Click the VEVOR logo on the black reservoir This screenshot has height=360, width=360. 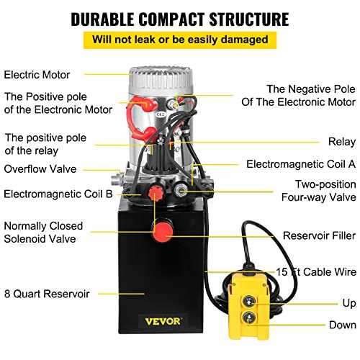(163, 321)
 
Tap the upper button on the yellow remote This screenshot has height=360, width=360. (249, 301)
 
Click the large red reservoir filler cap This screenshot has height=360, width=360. (163, 231)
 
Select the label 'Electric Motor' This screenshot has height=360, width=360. (37, 75)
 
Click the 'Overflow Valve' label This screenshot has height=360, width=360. (40, 169)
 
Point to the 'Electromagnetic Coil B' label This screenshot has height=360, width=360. (58, 194)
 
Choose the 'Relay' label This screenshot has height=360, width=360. (342, 142)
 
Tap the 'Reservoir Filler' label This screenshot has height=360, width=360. (319, 235)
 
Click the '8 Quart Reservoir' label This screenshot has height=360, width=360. (47, 294)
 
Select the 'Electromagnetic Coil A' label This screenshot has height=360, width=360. (301, 164)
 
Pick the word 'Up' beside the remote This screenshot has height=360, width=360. (349, 303)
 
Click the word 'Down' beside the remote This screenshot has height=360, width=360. (343, 325)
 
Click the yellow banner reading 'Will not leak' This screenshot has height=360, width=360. (180, 40)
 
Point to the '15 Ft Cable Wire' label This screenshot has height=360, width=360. (316, 272)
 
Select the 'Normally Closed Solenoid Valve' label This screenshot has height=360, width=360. (43, 233)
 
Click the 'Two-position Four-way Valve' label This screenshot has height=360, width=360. (319, 191)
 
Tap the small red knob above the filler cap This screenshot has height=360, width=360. (156, 192)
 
